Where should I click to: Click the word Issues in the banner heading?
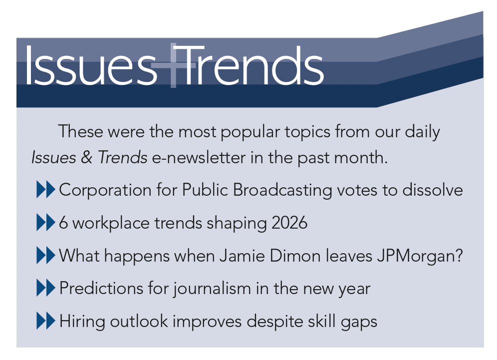pos(90,66)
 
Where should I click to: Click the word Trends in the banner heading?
pos(252,66)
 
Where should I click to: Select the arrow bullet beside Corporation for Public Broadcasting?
pos(45,190)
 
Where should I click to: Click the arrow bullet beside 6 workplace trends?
pos(45,223)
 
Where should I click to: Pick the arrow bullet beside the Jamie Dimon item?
pos(45,256)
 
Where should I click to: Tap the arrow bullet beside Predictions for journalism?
pos(45,289)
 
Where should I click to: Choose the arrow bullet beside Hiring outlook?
pos(45,322)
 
